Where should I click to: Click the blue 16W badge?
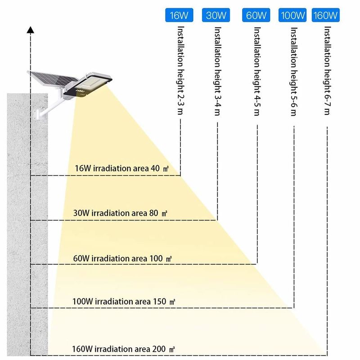(179, 15)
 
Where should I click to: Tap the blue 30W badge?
(216, 15)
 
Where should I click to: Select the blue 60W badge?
(256, 15)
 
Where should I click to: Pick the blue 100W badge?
(292, 15)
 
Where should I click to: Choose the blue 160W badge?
(325, 15)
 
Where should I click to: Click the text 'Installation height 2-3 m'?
(181, 70)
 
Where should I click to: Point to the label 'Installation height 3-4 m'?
(217, 71)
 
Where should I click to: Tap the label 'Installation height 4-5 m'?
(257, 71)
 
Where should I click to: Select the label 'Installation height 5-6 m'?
(294, 72)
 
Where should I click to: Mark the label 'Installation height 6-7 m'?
(327, 71)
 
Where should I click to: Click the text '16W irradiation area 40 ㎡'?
(121, 168)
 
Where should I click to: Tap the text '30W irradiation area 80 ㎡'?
(120, 213)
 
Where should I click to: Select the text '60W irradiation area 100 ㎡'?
(122, 258)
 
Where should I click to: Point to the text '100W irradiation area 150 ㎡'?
(124, 301)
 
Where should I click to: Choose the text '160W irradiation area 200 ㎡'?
(123, 349)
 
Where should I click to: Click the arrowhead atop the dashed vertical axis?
(30, 30)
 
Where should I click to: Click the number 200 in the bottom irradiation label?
(159, 349)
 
